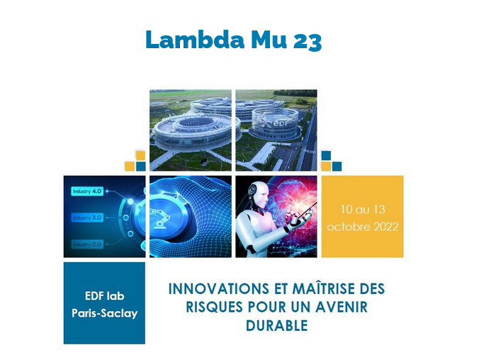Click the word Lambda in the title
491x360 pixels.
coord(195,40)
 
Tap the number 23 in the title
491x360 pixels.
coord(307,41)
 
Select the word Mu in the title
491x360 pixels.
coord(269,40)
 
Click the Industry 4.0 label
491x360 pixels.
coord(87,191)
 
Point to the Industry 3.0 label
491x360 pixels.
coord(87,218)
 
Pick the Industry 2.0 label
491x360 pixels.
coord(87,244)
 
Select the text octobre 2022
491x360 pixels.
coord(363,227)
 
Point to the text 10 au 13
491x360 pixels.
coord(363,209)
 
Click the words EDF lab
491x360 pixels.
coord(105,296)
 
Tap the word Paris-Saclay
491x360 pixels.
coord(105,313)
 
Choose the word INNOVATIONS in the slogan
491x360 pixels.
coord(218,289)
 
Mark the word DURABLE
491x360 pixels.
coord(277,325)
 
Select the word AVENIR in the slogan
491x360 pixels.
coord(342,307)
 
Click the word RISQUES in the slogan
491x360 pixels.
coord(214,307)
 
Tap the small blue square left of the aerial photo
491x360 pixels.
coord(141,166)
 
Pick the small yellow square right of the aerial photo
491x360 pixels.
coord(327,166)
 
